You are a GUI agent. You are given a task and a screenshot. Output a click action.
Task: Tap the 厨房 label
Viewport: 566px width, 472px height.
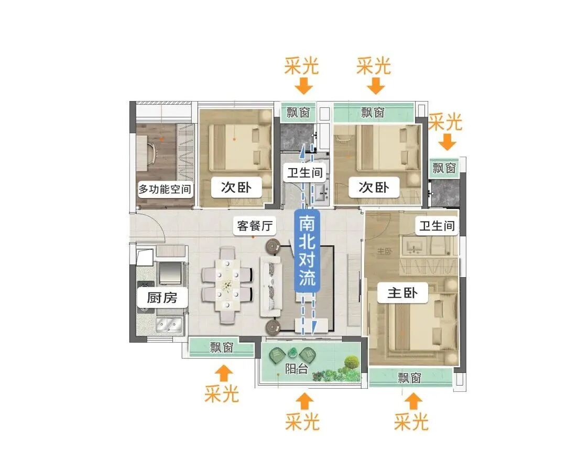tap(161, 298)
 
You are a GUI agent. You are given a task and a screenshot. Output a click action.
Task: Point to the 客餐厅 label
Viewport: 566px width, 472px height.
tap(255, 226)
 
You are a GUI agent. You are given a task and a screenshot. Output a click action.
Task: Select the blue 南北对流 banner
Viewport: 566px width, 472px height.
tap(307, 251)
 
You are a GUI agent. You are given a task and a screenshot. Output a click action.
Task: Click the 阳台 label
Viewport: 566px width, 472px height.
tap(296, 368)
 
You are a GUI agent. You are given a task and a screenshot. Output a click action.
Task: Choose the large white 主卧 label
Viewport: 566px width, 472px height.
tap(402, 293)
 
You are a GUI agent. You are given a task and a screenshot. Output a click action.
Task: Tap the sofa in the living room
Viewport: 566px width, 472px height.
tap(273, 286)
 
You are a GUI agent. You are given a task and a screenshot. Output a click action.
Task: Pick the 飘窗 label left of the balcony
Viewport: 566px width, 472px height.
tap(222, 347)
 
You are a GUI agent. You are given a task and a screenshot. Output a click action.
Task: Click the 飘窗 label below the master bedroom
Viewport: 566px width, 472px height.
tap(409, 378)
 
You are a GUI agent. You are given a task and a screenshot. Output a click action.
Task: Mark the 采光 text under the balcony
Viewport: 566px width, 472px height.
tap(302, 421)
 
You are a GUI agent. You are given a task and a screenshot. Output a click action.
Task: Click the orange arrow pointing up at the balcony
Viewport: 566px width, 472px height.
tap(304, 401)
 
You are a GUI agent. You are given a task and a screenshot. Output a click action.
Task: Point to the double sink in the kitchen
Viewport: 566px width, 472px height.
tap(168, 325)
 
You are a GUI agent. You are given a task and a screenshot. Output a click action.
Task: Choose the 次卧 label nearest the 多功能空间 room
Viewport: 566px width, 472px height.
tap(236, 188)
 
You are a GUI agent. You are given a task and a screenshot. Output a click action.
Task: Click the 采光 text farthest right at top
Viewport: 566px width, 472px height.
tap(445, 122)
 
